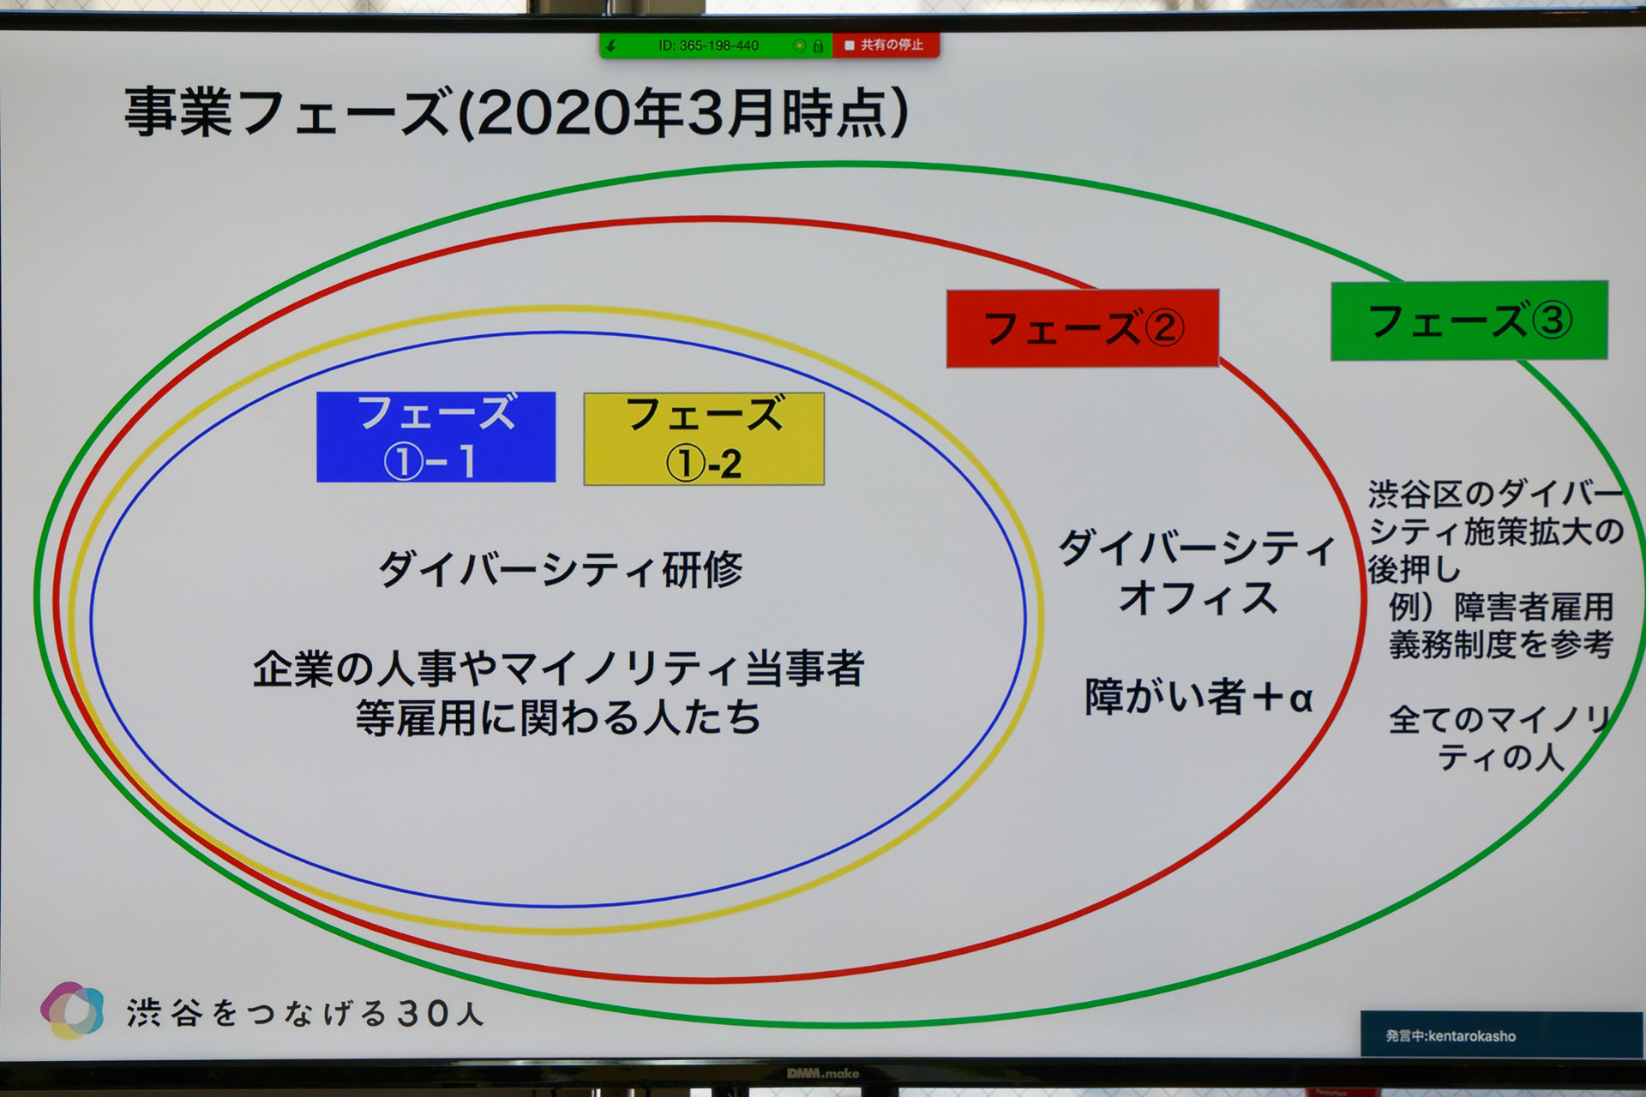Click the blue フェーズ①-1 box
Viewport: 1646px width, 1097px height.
[436, 437]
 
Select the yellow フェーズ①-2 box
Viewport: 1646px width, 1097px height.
[704, 439]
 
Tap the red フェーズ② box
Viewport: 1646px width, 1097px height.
[1082, 328]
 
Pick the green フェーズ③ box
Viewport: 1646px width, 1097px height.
[1469, 321]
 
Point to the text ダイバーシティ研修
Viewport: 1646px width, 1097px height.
[561, 569]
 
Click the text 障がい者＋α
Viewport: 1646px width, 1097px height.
[1198, 697]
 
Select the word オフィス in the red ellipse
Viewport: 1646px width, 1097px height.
[1198, 597]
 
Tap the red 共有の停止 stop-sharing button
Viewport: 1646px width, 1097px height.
[885, 45]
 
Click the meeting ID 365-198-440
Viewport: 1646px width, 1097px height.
[708, 45]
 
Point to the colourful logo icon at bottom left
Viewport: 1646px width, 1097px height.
[73, 1010]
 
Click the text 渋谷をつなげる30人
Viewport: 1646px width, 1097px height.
[305, 1014]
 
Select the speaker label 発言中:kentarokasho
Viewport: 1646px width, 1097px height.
[1451, 1036]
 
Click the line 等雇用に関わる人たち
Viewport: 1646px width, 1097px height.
[559, 718]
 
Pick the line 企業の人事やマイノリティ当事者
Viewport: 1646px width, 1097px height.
[559, 668]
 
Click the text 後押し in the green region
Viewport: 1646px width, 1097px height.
[1414, 569]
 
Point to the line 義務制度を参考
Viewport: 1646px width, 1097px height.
[1501, 644]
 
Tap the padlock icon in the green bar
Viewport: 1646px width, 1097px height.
[818, 46]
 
